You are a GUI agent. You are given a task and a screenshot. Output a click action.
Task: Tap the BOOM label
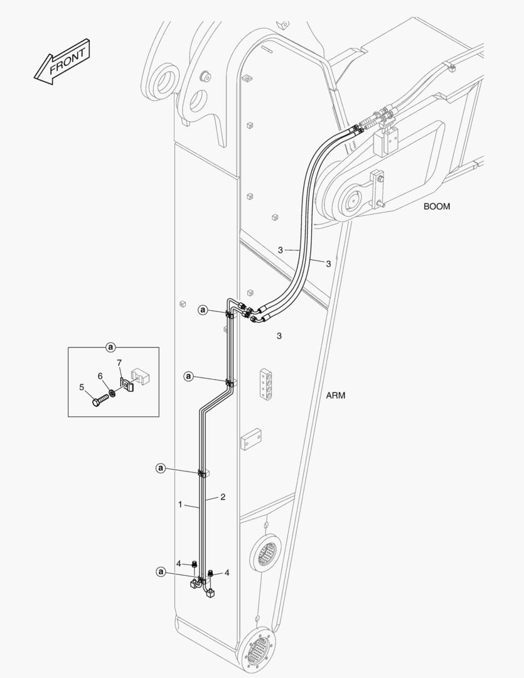coord(436,207)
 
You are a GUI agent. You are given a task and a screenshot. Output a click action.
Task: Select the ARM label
coord(336,395)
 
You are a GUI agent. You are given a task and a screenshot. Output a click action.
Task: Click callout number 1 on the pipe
coord(180,504)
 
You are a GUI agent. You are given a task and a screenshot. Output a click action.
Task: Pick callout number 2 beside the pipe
coord(222,497)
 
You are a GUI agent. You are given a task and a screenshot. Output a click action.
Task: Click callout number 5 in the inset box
coord(82,387)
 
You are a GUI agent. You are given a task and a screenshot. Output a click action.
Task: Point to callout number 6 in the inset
coord(99,375)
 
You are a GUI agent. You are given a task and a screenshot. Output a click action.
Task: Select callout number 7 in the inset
coord(119,363)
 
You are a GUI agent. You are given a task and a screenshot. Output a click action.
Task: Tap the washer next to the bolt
coord(112,394)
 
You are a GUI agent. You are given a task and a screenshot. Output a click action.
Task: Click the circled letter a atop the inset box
coord(110,347)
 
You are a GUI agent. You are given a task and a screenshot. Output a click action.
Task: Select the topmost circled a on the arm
coord(203,309)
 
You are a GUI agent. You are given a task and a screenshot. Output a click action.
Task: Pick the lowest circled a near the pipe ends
coord(161,571)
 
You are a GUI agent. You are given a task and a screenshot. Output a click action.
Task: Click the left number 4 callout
coord(178,564)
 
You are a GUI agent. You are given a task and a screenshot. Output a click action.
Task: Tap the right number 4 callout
coord(227,573)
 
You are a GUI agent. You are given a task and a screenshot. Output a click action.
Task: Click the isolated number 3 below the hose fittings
coord(279,336)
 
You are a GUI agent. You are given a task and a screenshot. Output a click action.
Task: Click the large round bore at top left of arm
coord(167,81)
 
